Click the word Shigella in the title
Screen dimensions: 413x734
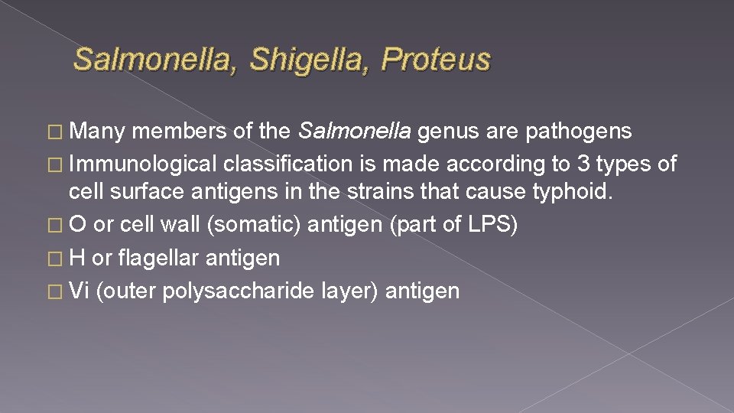point(307,60)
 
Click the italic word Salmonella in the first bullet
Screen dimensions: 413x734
point(353,132)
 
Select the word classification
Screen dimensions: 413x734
point(287,164)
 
